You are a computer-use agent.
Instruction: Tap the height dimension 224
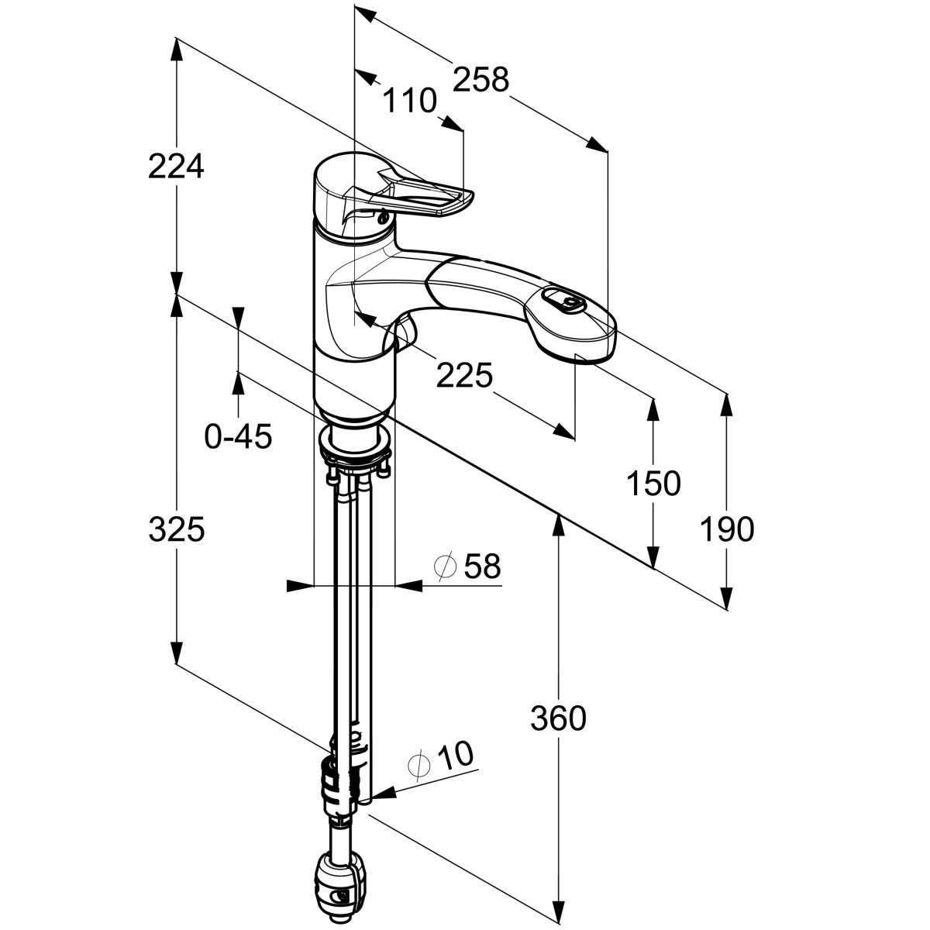[x=176, y=166]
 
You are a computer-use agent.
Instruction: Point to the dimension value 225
[x=464, y=376]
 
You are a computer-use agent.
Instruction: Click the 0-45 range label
[x=238, y=437]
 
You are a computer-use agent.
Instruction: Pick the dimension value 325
[x=176, y=530]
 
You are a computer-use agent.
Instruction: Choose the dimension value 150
[x=653, y=483]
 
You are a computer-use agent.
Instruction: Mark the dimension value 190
[x=726, y=530]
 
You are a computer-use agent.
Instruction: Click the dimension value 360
[x=558, y=719]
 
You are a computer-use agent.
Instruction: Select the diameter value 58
[x=482, y=567]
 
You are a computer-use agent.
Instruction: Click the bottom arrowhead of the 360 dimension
[x=558, y=910]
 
